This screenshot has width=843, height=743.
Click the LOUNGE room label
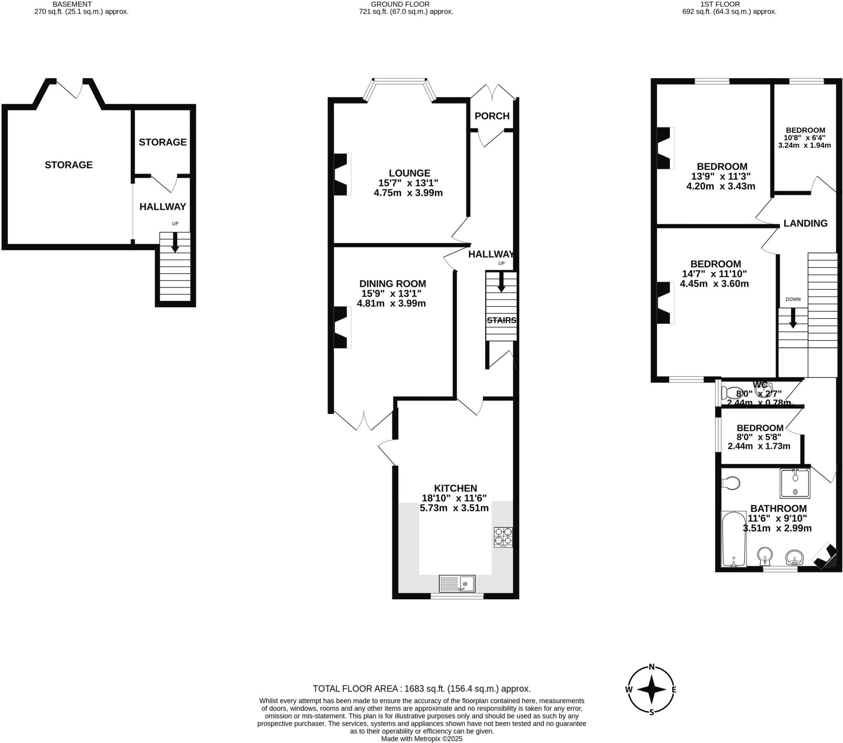(409, 173)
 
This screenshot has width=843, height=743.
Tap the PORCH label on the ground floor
(491, 116)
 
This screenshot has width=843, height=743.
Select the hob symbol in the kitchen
(503, 537)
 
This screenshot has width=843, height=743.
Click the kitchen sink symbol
(457, 584)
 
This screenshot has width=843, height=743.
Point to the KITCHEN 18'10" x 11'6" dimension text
(454, 498)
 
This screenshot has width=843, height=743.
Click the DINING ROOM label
(392, 284)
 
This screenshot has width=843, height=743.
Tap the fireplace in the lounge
(342, 174)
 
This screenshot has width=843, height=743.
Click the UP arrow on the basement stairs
(175, 242)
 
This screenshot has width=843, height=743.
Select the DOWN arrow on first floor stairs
(793, 319)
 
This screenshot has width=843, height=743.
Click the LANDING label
(805, 223)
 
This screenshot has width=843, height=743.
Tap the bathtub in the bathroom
(734, 539)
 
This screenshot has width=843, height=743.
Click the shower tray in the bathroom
(795, 483)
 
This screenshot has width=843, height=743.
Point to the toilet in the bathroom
(731, 483)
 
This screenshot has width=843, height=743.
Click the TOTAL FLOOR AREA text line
(421, 689)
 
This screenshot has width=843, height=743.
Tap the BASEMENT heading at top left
(72, 4)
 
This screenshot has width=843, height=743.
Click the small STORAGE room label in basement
(163, 142)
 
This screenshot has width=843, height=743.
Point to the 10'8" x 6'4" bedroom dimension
(804, 138)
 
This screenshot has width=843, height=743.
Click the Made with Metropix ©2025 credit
(421, 739)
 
